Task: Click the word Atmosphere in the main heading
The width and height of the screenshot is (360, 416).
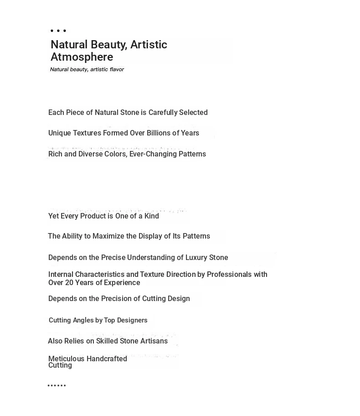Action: pyautogui.click(x=82, y=57)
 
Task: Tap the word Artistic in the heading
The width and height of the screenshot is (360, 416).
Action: pyautogui.click(x=149, y=45)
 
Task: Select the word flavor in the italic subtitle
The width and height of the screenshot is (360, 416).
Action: pyautogui.click(x=117, y=69)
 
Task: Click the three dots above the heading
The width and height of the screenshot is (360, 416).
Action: pyautogui.click(x=58, y=31)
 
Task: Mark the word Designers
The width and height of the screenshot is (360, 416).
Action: pyautogui.click(x=132, y=320)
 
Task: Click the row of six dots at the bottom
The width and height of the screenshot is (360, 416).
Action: pyautogui.click(x=57, y=386)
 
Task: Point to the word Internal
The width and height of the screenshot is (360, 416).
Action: pyautogui.click(x=61, y=275)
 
